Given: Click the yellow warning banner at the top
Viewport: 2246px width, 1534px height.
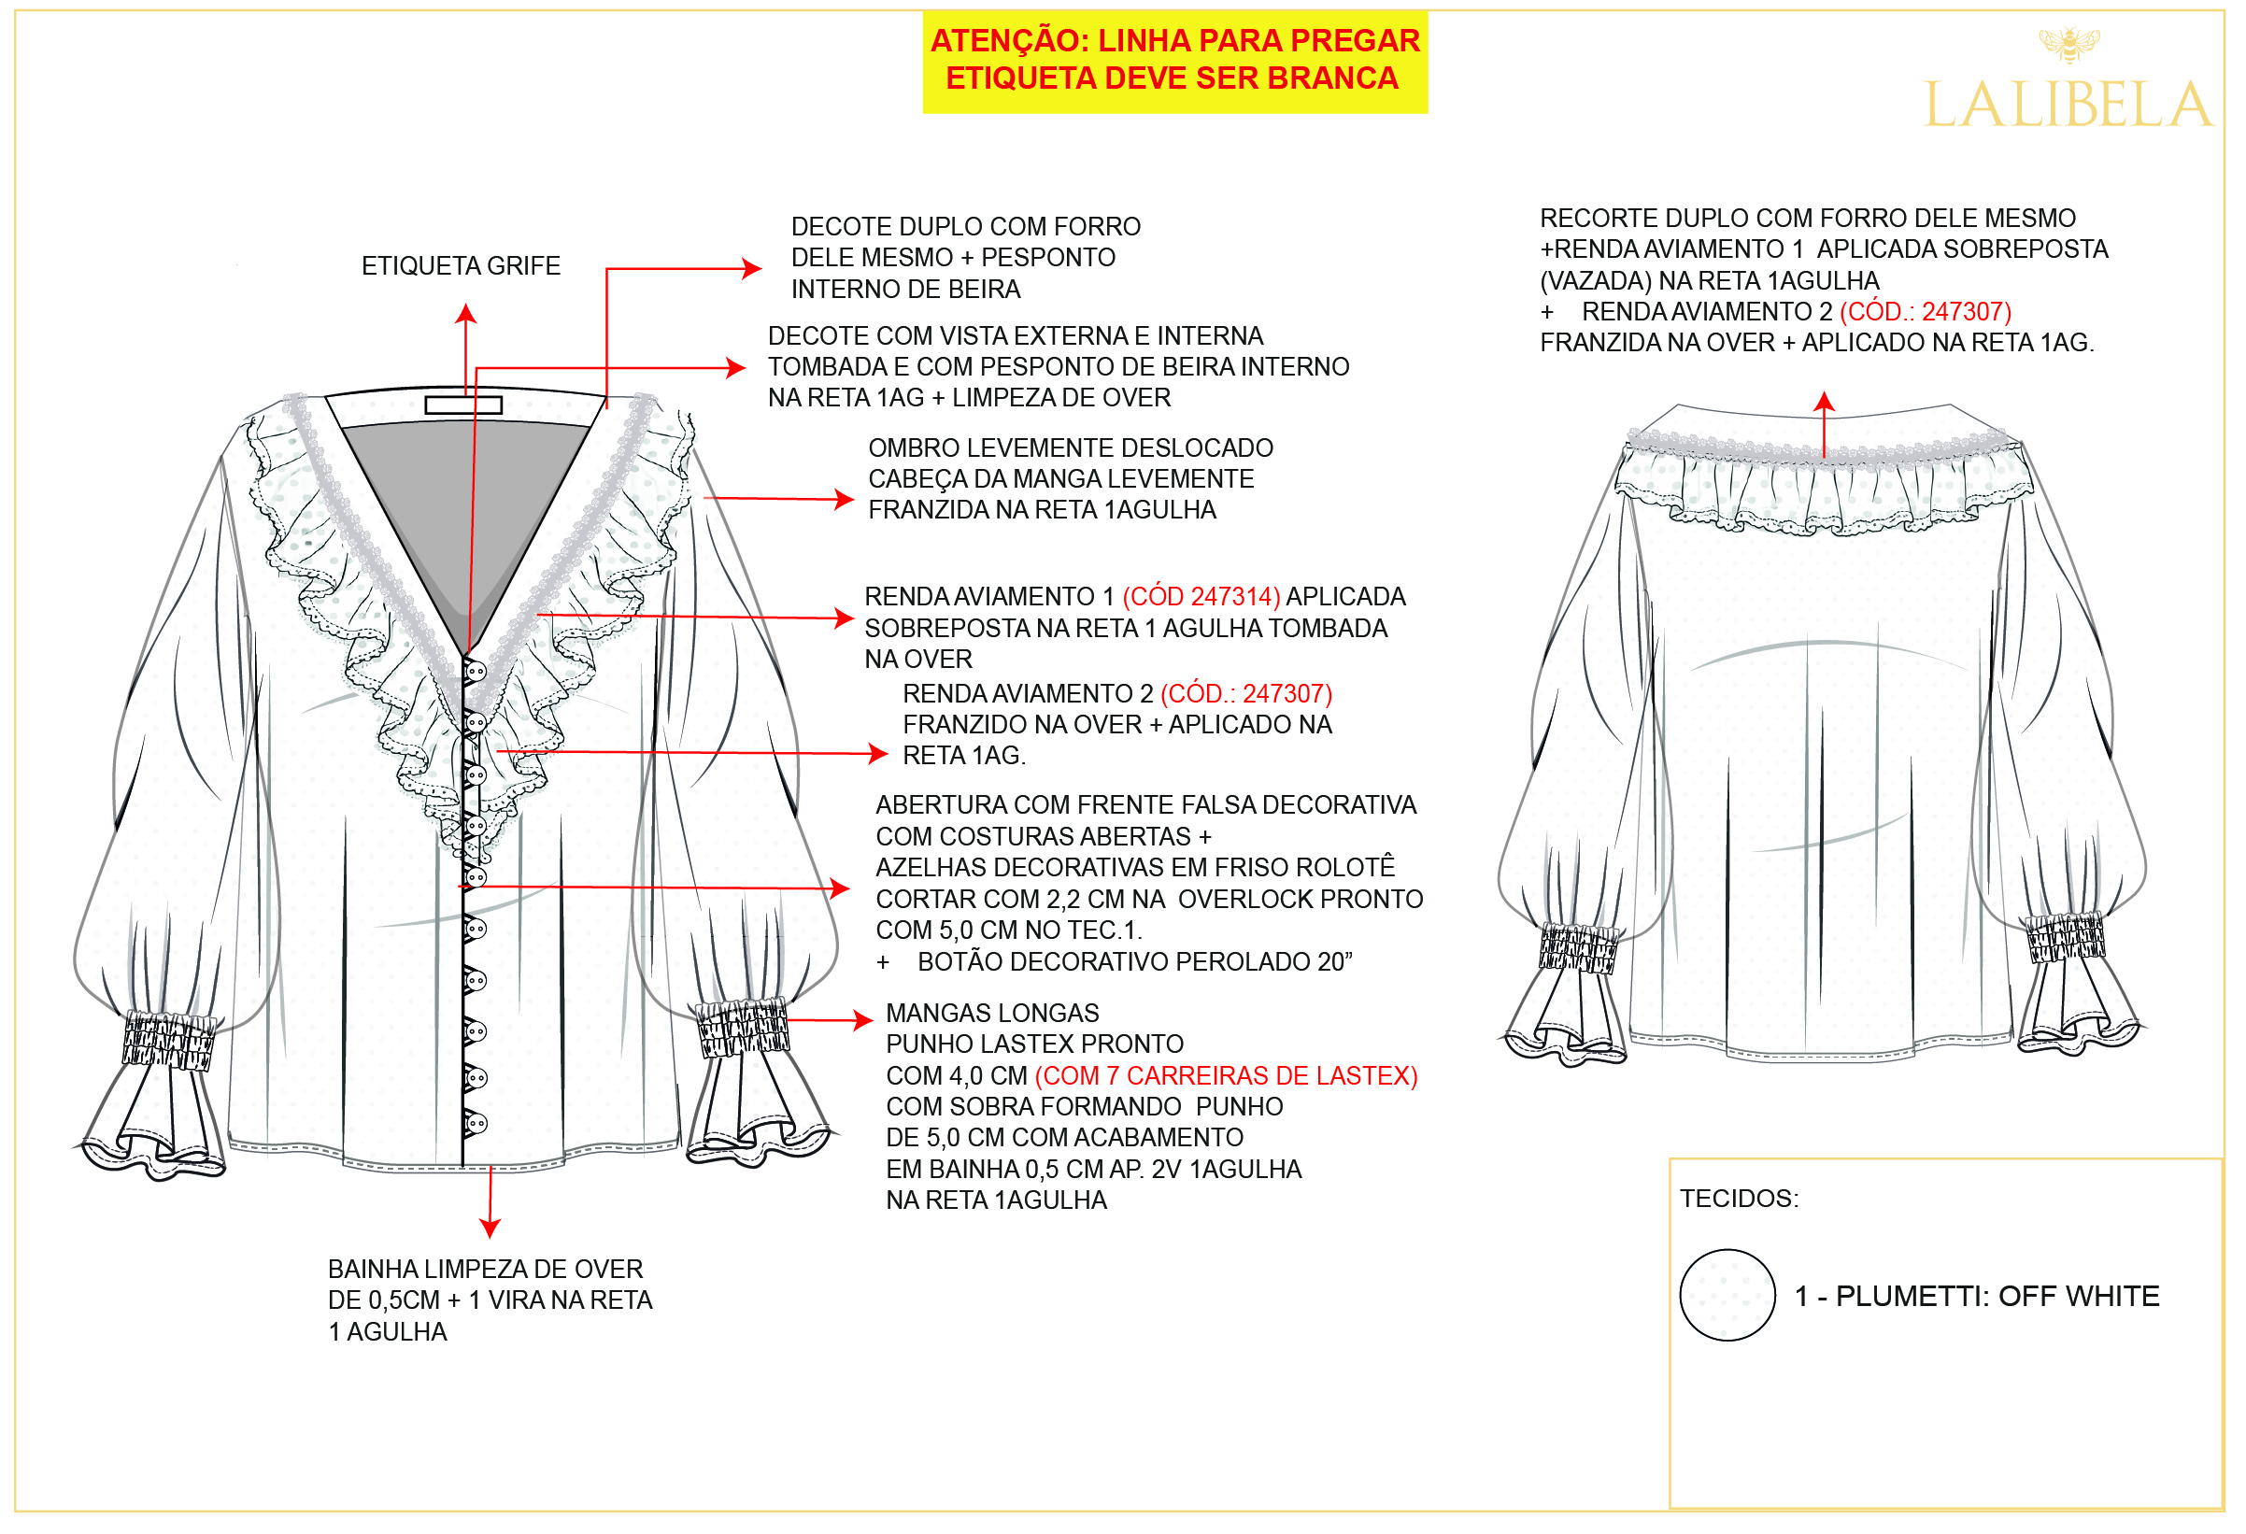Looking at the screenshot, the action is coord(1174,61).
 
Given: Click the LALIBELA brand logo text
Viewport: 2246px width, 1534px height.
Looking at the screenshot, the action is coord(2068,105).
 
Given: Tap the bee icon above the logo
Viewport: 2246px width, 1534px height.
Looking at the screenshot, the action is coord(2068,44).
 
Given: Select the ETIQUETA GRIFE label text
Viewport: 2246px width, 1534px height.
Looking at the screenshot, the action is coord(461,266).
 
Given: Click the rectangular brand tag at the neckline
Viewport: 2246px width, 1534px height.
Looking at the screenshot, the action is coord(464,404).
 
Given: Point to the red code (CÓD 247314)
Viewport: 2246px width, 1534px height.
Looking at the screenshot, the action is coord(1201,596).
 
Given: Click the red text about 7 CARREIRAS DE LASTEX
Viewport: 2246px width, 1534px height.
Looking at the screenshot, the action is coord(1227,1076).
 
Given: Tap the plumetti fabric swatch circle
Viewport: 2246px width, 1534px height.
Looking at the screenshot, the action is coord(1727,1294).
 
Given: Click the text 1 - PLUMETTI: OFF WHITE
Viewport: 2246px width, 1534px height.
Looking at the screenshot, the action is coord(1976,1296).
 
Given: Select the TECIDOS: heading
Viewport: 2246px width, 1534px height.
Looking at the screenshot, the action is coord(1740,1199).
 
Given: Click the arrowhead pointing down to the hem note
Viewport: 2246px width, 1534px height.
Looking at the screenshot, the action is coord(490,1228).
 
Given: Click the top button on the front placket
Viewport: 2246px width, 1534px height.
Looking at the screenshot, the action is coord(476,670).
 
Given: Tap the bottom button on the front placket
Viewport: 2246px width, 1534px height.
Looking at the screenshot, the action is coord(476,1123).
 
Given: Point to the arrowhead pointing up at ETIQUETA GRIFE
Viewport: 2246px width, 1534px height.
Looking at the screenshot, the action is coord(467,313).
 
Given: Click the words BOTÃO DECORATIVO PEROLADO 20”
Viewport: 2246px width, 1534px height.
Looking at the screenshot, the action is coord(1134,961).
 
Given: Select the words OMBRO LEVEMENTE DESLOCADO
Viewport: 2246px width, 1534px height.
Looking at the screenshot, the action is coord(1071,447).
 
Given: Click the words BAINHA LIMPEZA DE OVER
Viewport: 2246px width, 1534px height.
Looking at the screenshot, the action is coord(485,1270).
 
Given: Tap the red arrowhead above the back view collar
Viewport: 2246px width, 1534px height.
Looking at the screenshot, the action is coord(1824,401).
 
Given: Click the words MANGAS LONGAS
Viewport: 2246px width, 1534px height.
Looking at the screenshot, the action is coord(992,1013).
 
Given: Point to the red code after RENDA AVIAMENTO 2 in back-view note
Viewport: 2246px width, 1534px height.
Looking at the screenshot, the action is coord(1926,311).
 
